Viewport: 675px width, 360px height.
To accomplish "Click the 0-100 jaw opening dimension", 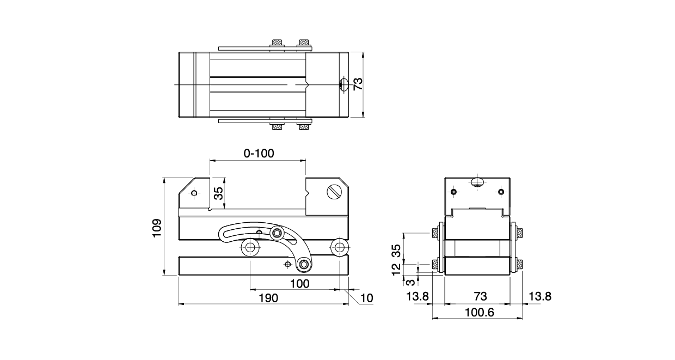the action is (x=259, y=154).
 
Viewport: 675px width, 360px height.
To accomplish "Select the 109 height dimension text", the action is (x=157, y=228).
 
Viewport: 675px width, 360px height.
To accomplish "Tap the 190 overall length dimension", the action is (x=268, y=298).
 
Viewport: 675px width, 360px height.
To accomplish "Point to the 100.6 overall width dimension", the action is (x=480, y=313).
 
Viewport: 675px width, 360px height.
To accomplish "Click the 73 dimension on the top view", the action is (x=358, y=84).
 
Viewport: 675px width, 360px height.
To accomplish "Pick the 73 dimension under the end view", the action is (x=480, y=296).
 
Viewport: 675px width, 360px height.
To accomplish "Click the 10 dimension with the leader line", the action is (x=367, y=298).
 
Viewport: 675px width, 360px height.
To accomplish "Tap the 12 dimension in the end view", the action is (x=396, y=269).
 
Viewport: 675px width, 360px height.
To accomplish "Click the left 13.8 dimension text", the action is (x=418, y=296).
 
